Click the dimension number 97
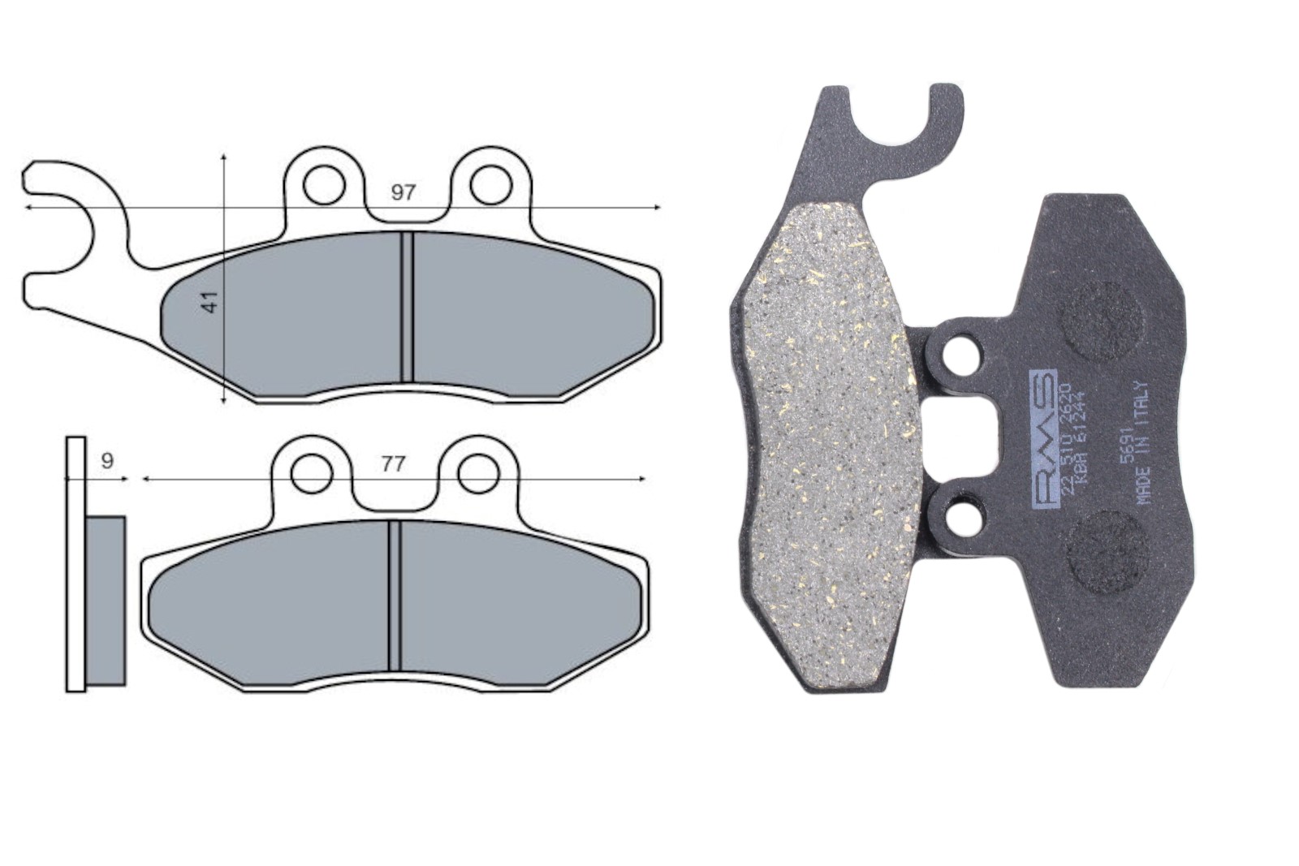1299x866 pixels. [x=404, y=193]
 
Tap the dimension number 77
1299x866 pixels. [x=393, y=464]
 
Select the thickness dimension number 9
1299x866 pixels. [x=107, y=461]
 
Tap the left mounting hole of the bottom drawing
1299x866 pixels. [x=311, y=473]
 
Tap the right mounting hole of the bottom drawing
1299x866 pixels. [x=477, y=473]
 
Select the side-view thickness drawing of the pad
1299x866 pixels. [x=96, y=564]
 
